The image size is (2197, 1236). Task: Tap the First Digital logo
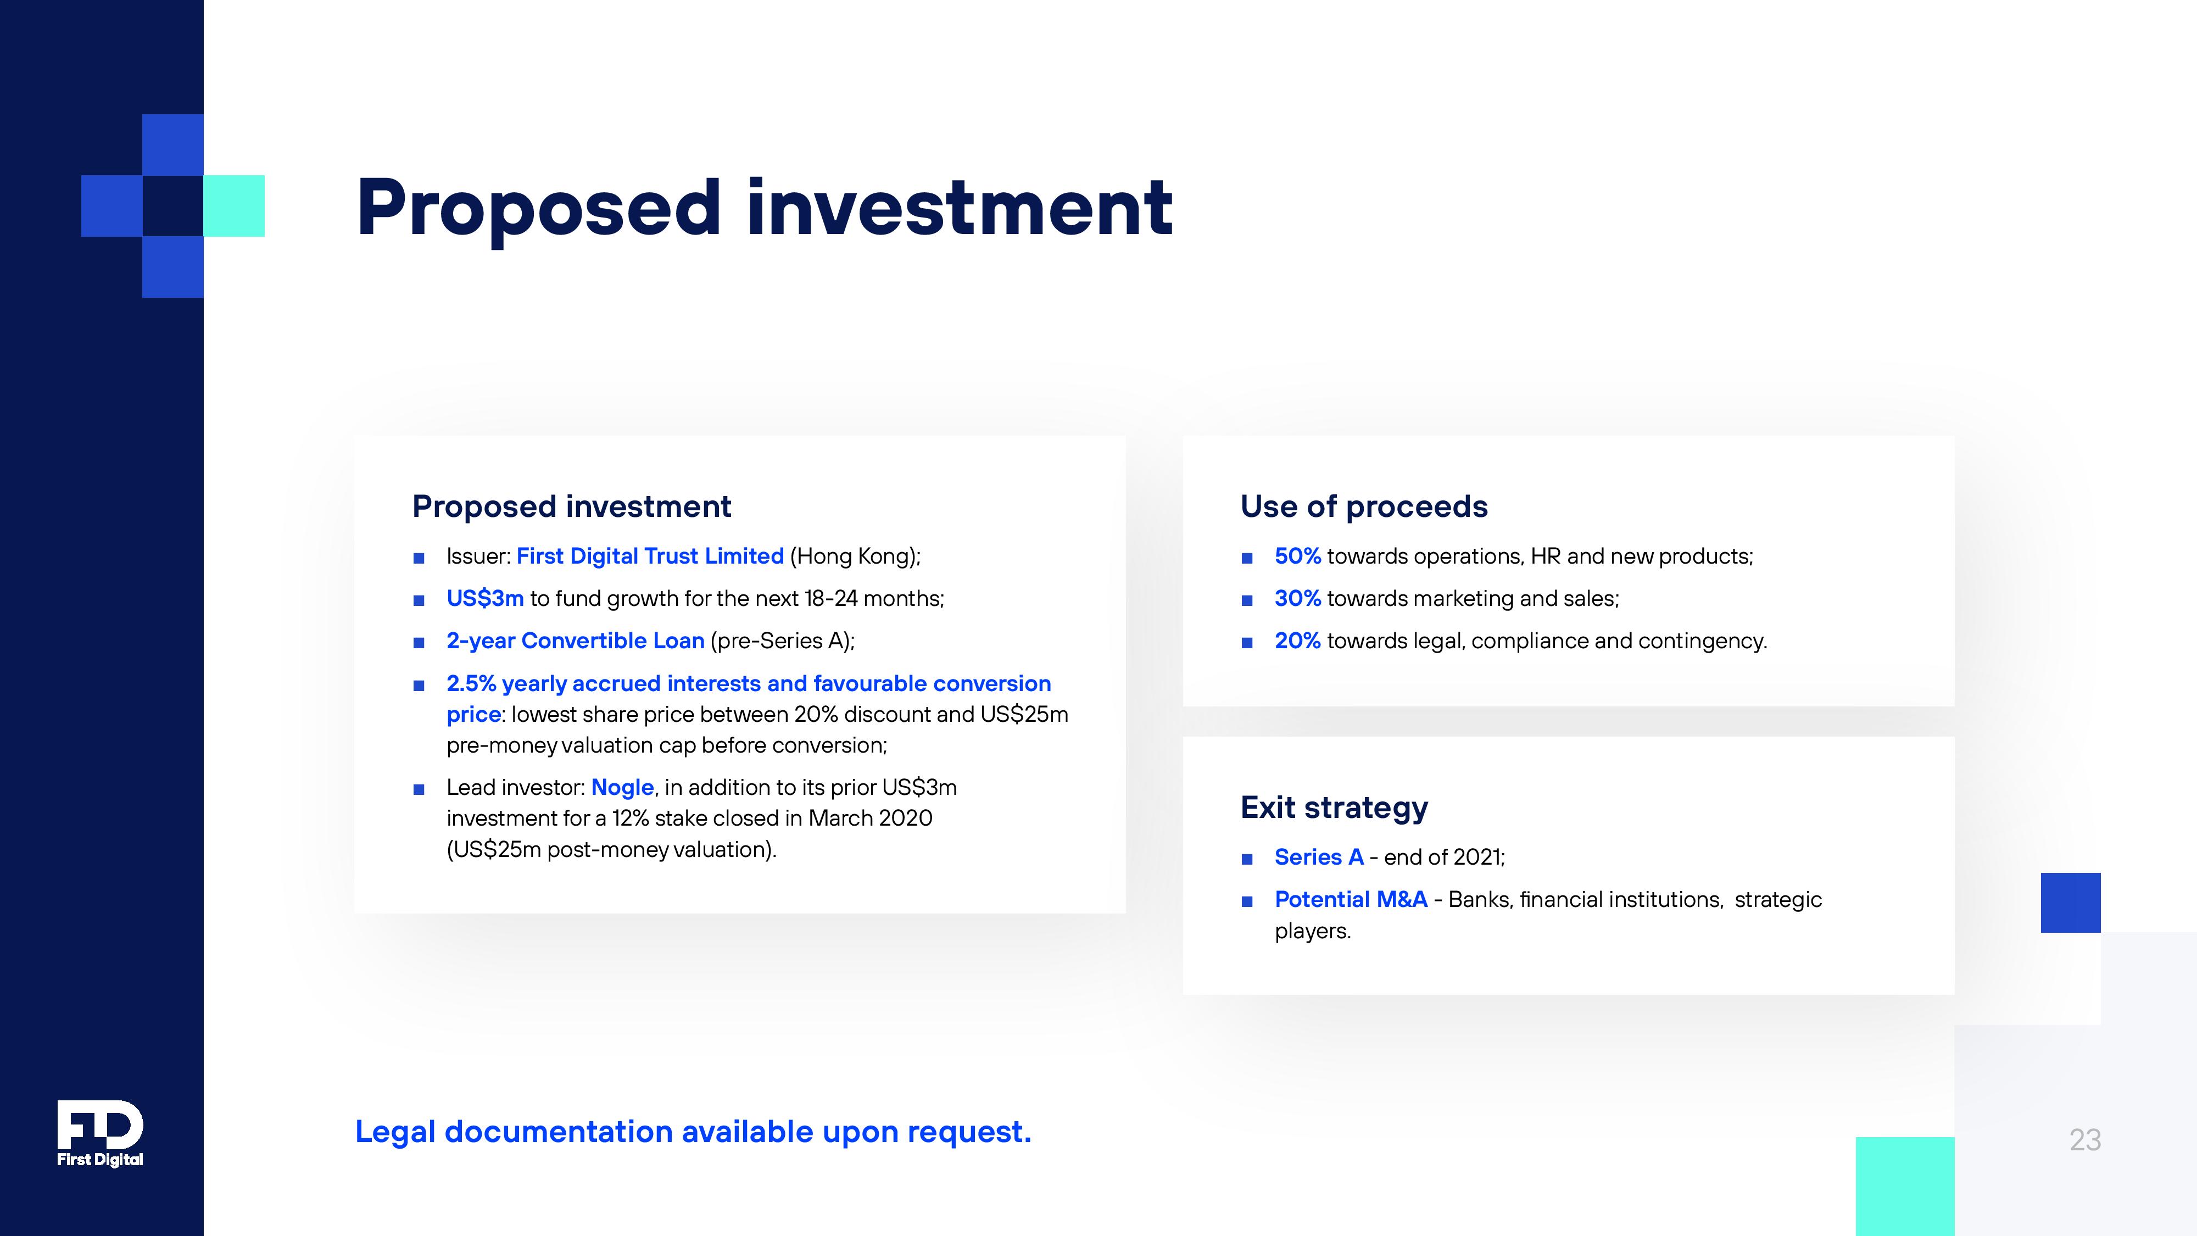click(100, 1134)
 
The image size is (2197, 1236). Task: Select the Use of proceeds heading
click(1364, 506)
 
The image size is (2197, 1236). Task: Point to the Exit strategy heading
click(1334, 807)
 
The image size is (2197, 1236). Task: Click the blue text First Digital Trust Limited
click(650, 556)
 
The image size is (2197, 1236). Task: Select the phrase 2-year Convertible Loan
click(576, 641)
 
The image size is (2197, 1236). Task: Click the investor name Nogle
click(623, 787)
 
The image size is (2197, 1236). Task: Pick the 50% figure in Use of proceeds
click(1297, 556)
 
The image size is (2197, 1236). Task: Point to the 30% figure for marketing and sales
click(1297, 599)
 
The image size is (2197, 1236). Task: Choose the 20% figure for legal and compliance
click(1297, 641)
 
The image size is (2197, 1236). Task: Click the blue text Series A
click(1319, 858)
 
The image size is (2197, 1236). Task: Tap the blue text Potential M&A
click(1351, 899)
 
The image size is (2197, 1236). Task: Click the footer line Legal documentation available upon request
click(693, 1132)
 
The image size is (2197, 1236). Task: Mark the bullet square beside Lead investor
click(419, 789)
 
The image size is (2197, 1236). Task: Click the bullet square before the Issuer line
click(419, 559)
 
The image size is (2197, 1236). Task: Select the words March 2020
click(870, 818)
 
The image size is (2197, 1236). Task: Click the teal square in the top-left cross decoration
click(233, 205)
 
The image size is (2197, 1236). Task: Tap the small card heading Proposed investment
click(571, 506)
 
